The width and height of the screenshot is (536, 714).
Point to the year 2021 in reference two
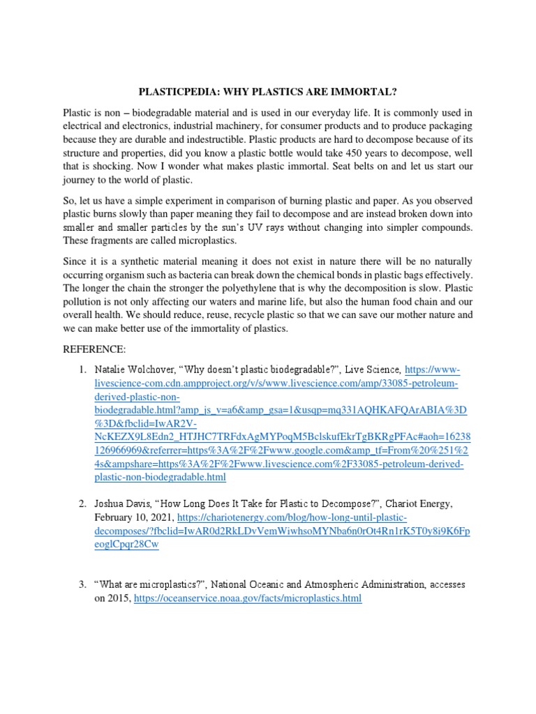tap(161, 518)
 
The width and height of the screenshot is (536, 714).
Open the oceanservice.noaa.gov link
tap(247, 598)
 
